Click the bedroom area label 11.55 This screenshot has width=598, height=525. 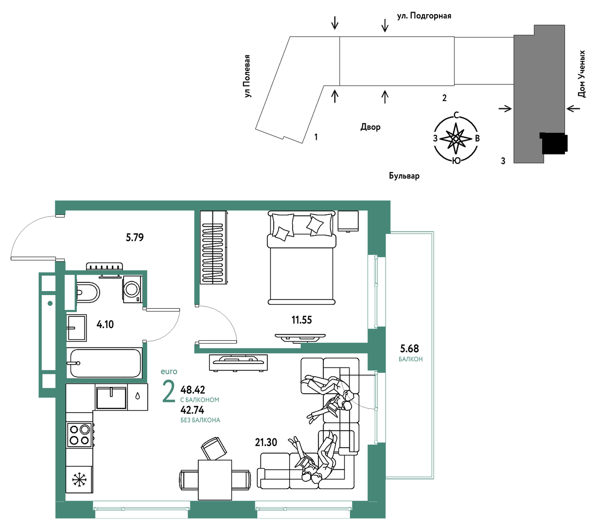301,320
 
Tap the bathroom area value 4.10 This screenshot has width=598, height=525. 105,325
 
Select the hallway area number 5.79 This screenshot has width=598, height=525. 135,237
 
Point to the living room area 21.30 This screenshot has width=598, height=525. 266,442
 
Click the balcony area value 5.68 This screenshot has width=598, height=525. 409,349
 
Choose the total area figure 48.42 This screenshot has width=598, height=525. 193,390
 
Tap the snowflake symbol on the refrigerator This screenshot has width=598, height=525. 79,479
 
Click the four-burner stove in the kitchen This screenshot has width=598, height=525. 79,435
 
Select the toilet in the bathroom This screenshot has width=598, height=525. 88,293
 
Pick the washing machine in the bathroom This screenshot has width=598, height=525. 133,289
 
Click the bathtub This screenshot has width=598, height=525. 104,363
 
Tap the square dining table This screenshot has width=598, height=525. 214,480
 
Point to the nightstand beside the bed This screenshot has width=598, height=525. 348,221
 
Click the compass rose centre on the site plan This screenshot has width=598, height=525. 456,139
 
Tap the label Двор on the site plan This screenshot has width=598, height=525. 370,127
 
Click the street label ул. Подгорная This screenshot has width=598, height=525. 424,16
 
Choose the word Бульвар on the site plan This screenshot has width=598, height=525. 404,176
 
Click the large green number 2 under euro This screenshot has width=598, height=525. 169,392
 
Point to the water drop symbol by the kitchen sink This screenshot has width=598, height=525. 138,396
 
